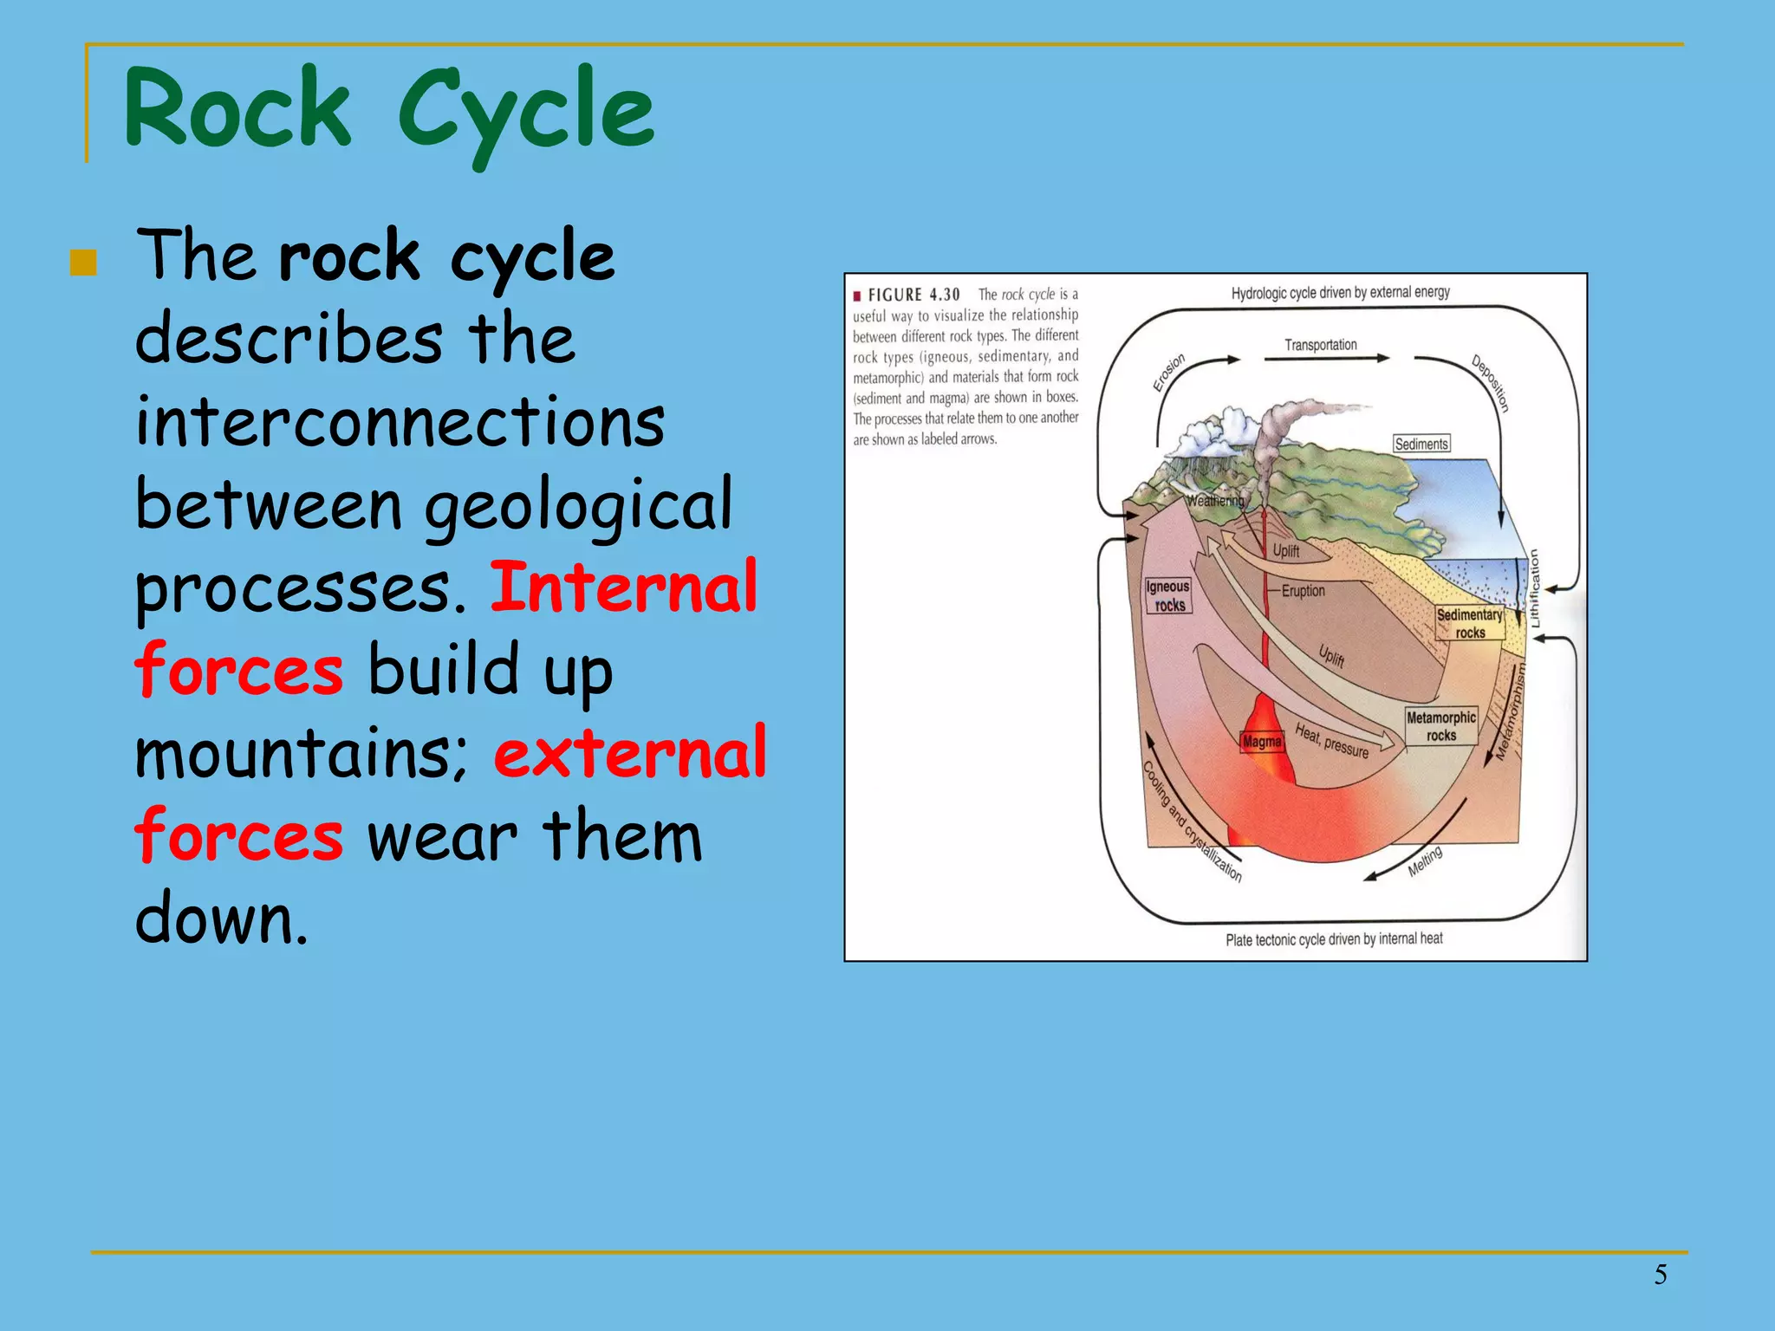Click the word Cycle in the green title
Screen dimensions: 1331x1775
pos(525,111)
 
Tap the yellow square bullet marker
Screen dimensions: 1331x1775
pos(83,263)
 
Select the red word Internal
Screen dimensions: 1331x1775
pos(624,588)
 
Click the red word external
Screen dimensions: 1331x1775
pos(630,753)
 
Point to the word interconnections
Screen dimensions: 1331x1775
pos(400,423)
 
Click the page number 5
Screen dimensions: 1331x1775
pos(1660,1274)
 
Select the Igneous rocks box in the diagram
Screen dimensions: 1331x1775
pos(1167,596)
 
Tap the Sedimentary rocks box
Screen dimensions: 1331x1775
pos(1469,623)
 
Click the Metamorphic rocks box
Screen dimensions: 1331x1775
pos(1440,726)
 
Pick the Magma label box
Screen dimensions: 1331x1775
pos(1261,742)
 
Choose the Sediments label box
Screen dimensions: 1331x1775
pos(1421,444)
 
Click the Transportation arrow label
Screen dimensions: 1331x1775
pos(1320,345)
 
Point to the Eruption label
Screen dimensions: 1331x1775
pos(1303,591)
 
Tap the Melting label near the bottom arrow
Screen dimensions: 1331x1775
pos(1424,860)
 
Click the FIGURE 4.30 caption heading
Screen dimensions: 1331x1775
pos(914,295)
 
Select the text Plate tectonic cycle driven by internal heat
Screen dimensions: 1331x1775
pos(1333,939)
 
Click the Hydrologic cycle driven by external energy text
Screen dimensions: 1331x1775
pos(1340,293)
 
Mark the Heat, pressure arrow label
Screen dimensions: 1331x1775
pos(1331,741)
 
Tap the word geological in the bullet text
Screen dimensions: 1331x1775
pos(578,506)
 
